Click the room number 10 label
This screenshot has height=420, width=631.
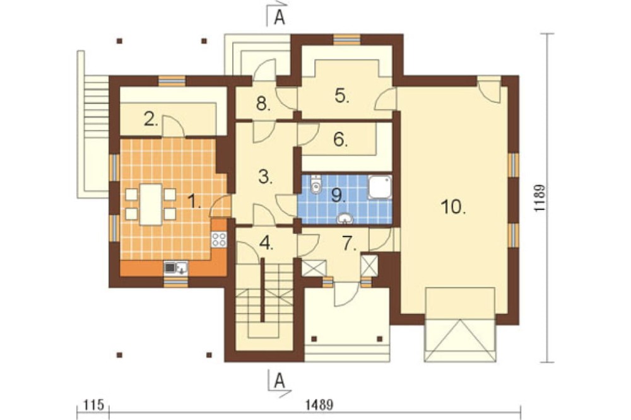[454, 206]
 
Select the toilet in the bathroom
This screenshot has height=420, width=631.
[317, 184]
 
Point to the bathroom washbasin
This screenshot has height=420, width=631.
[345, 218]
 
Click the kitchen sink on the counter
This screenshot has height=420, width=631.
[175, 268]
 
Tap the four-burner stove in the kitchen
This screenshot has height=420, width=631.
[219, 239]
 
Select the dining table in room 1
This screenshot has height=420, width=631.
[150, 204]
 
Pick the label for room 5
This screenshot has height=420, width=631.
[342, 96]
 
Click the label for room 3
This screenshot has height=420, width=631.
[266, 177]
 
